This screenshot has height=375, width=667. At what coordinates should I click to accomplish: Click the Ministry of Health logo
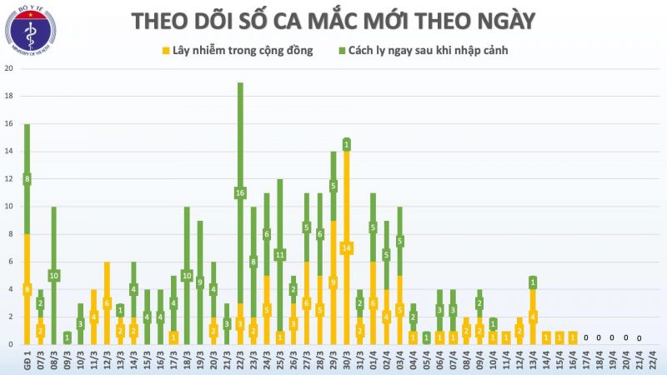click(x=30, y=32)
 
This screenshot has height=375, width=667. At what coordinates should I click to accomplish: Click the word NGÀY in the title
click(x=497, y=20)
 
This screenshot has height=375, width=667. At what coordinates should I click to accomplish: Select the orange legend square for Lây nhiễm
click(x=166, y=51)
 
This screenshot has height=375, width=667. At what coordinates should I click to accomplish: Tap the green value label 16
click(x=240, y=193)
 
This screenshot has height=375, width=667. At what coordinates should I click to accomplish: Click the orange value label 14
click(x=346, y=247)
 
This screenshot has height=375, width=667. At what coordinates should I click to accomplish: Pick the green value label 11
click(x=280, y=254)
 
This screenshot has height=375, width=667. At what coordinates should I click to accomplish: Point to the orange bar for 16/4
click(x=573, y=337)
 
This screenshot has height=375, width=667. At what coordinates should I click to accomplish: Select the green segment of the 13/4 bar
click(x=533, y=282)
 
